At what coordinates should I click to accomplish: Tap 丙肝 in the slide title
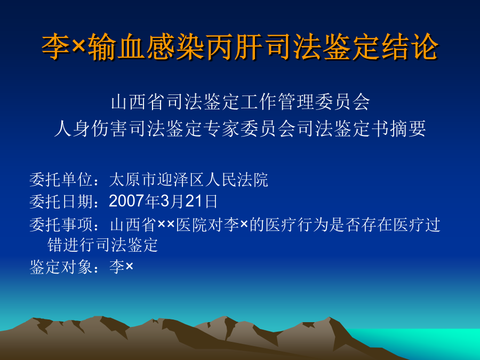tap(234, 47)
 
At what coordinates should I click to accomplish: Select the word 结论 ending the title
tap(411, 47)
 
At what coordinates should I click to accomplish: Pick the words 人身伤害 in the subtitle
tap(91, 129)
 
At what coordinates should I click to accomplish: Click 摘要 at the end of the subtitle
tap(407, 129)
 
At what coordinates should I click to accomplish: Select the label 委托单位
tap(61, 180)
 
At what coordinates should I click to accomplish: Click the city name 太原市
tap(133, 180)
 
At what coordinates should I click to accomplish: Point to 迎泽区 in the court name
tap(181, 180)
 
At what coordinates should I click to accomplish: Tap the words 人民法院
tap(236, 180)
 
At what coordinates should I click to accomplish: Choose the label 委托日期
tap(61, 202)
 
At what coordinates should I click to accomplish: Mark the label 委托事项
tap(61, 225)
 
